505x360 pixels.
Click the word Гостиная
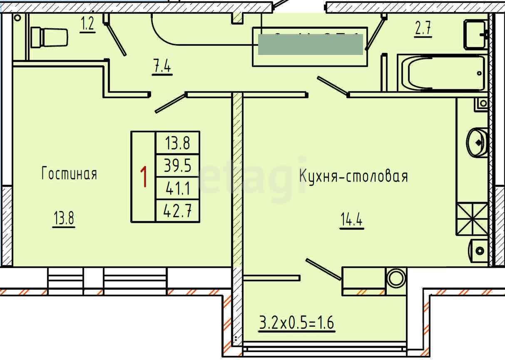pos(69,174)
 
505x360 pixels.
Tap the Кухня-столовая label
pos(353,176)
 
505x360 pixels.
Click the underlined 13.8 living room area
pos(64,218)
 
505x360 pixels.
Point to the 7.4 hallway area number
pos(162,67)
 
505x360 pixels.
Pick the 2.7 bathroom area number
pos(423,30)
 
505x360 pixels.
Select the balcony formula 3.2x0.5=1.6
pos(297,323)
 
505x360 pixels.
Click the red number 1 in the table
pos(144,177)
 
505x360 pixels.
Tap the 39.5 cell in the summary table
pos(178,166)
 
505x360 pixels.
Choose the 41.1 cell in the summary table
pos(178,189)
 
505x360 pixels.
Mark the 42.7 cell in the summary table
pos(178,211)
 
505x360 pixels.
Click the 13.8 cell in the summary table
pos(178,144)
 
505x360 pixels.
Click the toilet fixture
pos(49,37)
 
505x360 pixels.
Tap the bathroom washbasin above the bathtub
pos(476,34)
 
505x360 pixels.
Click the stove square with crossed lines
pos(472,218)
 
